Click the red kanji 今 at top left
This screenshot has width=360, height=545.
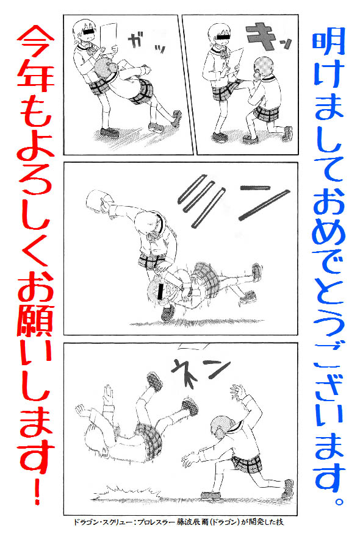click(x=35, y=45)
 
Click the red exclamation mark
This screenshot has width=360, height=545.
click(x=37, y=490)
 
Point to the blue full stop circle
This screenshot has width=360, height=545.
click(x=339, y=501)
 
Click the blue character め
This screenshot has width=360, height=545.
click(x=329, y=232)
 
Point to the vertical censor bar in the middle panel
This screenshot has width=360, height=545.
click(x=160, y=291)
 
